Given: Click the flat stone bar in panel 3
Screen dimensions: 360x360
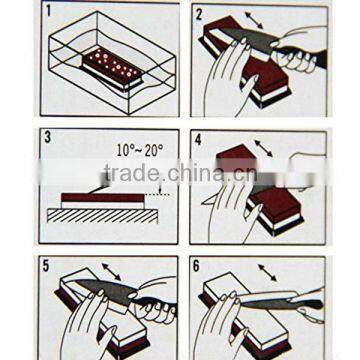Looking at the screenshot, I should (x=100, y=197).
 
